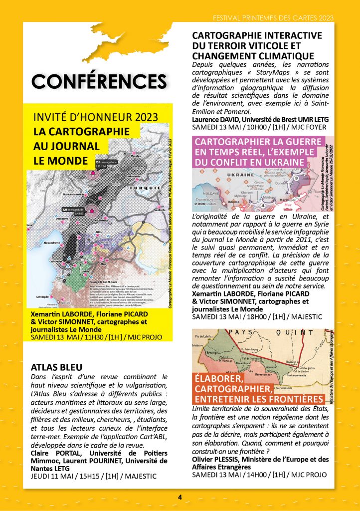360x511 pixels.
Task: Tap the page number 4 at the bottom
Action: click(x=180, y=497)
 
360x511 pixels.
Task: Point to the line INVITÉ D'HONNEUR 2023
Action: click(x=95, y=118)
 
